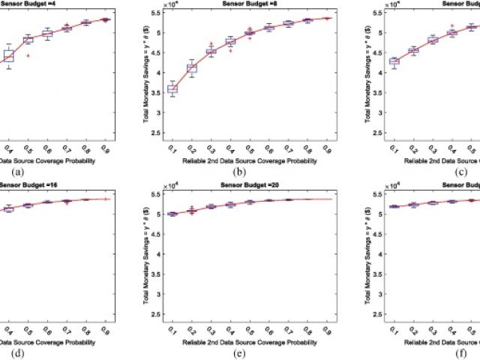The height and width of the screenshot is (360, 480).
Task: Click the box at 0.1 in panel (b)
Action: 172,89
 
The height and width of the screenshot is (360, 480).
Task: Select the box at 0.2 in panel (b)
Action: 191,68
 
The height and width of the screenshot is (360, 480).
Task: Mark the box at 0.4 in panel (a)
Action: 9,55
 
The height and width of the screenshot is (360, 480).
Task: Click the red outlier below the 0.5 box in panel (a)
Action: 28,55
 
